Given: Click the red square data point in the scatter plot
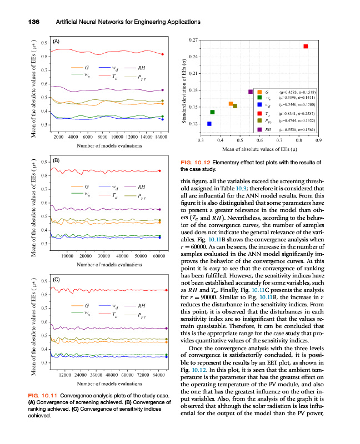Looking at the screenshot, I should pos(306,46).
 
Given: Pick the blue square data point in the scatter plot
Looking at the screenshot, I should pos(209,124).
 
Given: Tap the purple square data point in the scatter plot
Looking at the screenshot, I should pos(251,92).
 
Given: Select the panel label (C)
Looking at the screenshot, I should pos(56,279).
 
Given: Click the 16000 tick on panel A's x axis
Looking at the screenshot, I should pos(160,137).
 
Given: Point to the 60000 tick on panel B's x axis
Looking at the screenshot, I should pos(159,256).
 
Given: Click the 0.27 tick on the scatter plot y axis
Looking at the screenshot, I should pos(193,39).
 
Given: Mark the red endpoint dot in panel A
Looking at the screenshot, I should pos(162,54).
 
